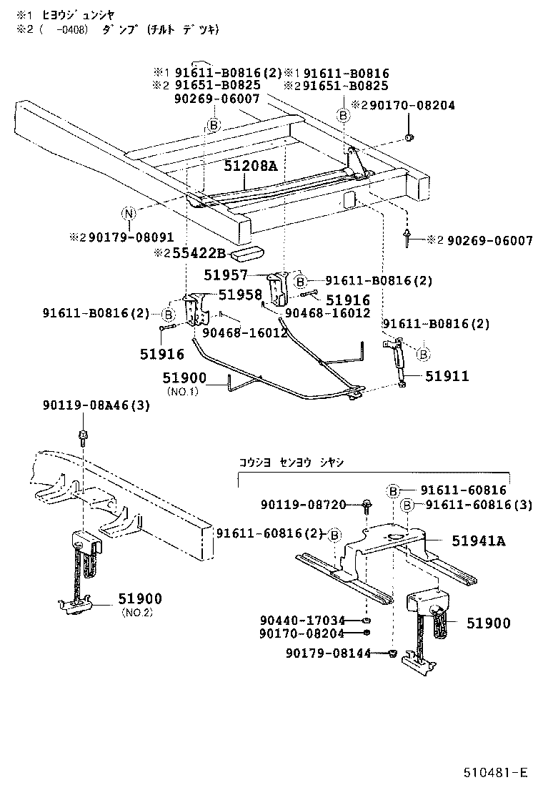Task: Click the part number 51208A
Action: point(249,166)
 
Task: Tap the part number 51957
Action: point(226,275)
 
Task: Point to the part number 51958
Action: point(240,295)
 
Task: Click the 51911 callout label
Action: point(448,376)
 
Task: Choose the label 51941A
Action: point(478,541)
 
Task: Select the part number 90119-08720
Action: point(312,505)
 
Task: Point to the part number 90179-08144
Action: point(328,653)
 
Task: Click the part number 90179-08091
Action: point(124,237)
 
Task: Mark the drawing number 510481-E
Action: point(494,772)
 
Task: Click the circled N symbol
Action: point(128,214)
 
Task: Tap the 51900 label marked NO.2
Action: point(140,599)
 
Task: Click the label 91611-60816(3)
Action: point(479,505)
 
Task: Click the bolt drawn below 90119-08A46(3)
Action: point(84,434)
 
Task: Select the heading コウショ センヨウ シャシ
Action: point(291,463)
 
